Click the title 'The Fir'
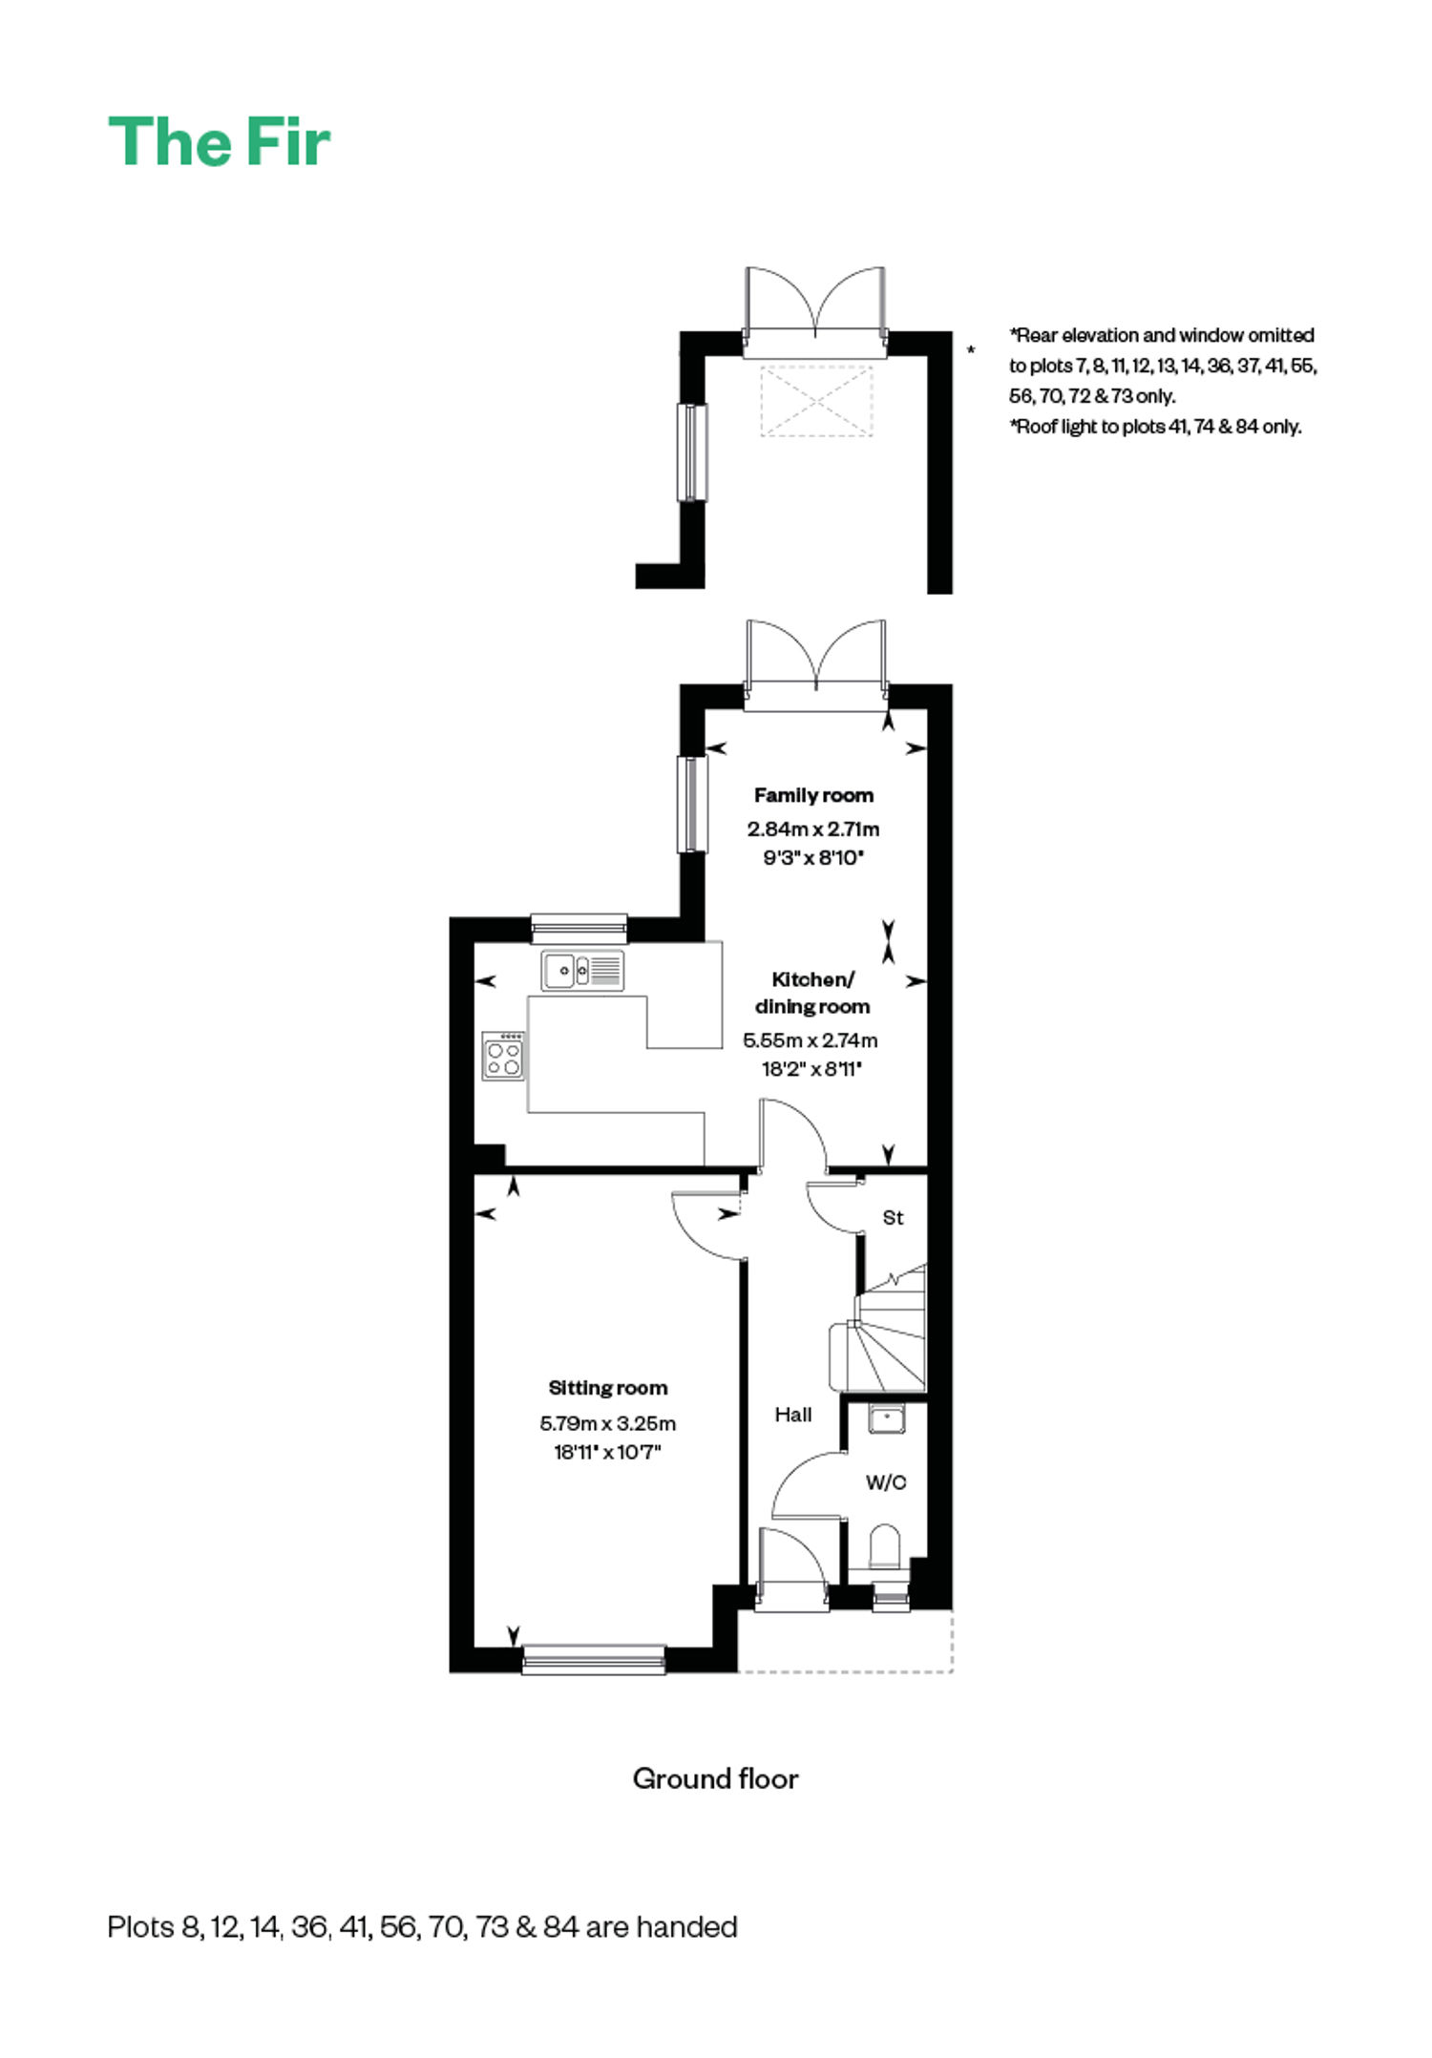[x=219, y=142]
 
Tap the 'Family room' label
[x=813, y=795]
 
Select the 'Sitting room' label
[x=608, y=1388]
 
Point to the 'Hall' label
[x=793, y=1415]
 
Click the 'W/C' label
[x=886, y=1482]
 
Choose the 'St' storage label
[x=893, y=1217]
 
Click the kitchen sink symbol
[x=582, y=971]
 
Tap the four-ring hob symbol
[x=504, y=1056]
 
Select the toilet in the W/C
[x=885, y=1549]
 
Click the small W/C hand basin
[x=887, y=1419]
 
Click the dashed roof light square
[x=817, y=401]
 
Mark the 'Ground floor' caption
[x=715, y=1778]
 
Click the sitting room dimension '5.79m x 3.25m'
[x=608, y=1423]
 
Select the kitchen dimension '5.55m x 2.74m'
[x=811, y=1040]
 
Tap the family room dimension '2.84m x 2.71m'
[x=813, y=829]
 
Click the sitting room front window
[x=594, y=1659]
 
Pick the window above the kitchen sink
[x=579, y=929]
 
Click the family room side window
[x=692, y=803]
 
